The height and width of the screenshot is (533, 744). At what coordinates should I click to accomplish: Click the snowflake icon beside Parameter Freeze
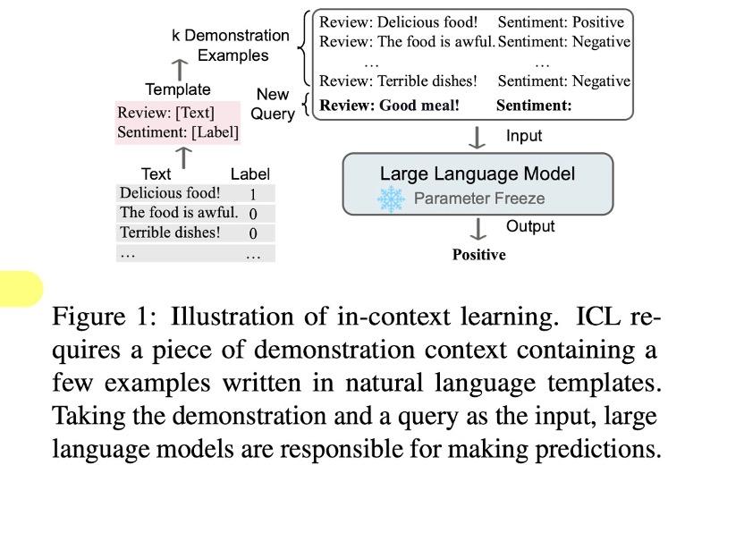[x=392, y=199]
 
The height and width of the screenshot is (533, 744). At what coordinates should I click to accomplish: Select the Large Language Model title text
[x=478, y=174]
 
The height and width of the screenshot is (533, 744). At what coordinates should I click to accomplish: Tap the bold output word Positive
[x=478, y=255]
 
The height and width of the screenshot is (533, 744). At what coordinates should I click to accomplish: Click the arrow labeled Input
[x=478, y=138]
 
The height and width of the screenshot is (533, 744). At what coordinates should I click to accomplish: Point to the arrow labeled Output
[x=478, y=229]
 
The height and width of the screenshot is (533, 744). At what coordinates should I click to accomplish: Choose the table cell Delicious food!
[x=170, y=193]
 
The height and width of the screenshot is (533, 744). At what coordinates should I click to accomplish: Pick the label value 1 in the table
[x=253, y=195]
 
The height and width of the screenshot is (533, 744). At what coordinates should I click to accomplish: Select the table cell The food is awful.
[x=179, y=214]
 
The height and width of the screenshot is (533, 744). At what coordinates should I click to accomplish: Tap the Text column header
[x=156, y=174]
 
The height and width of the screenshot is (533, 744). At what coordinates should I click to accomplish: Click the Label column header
[x=249, y=174]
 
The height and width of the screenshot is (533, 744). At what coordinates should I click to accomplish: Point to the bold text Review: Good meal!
[x=389, y=106]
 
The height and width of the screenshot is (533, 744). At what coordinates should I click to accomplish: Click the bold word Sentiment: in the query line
[x=534, y=106]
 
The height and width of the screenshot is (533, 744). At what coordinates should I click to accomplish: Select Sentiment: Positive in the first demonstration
[x=561, y=21]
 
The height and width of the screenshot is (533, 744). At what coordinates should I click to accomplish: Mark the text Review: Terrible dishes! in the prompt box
[x=398, y=81]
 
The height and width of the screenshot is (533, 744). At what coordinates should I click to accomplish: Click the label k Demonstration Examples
[x=231, y=46]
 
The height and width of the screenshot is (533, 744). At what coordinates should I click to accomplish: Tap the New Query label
[x=273, y=104]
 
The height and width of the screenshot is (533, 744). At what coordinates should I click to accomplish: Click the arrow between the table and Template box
[x=183, y=157]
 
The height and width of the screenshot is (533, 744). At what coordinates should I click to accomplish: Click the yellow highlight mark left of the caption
[x=20, y=289]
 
